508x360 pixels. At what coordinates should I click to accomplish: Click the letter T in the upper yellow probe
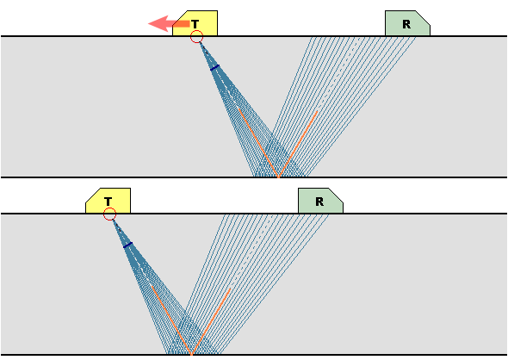click(x=195, y=24)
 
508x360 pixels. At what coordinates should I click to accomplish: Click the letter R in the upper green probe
click(x=406, y=24)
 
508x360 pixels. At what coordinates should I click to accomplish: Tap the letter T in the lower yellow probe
click(x=108, y=202)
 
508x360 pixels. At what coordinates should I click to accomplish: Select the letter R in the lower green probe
click(x=319, y=202)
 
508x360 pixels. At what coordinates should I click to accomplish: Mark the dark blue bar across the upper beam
click(x=214, y=67)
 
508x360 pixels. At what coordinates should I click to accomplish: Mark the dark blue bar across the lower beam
click(x=128, y=245)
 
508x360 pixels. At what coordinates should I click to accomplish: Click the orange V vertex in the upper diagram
click(x=279, y=177)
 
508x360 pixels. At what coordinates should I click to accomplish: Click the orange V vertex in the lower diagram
click(x=192, y=353)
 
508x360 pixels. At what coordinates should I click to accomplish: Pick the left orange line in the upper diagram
click(x=258, y=143)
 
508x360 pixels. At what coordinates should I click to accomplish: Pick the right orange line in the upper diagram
click(x=298, y=144)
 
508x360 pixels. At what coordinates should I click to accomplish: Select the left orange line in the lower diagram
click(x=171, y=320)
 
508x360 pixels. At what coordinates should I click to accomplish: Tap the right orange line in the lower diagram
click(x=211, y=320)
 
